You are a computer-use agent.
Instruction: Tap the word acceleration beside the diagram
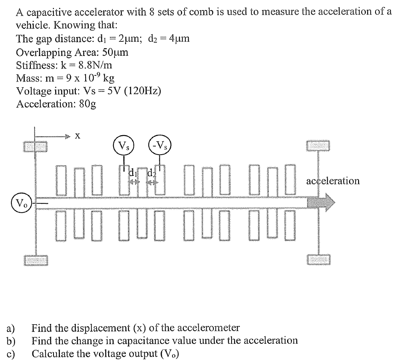[333, 181]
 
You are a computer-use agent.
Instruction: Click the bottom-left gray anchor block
[35, 260]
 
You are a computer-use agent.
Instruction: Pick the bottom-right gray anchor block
[318, 259]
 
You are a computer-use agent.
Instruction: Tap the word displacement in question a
[101, 328]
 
